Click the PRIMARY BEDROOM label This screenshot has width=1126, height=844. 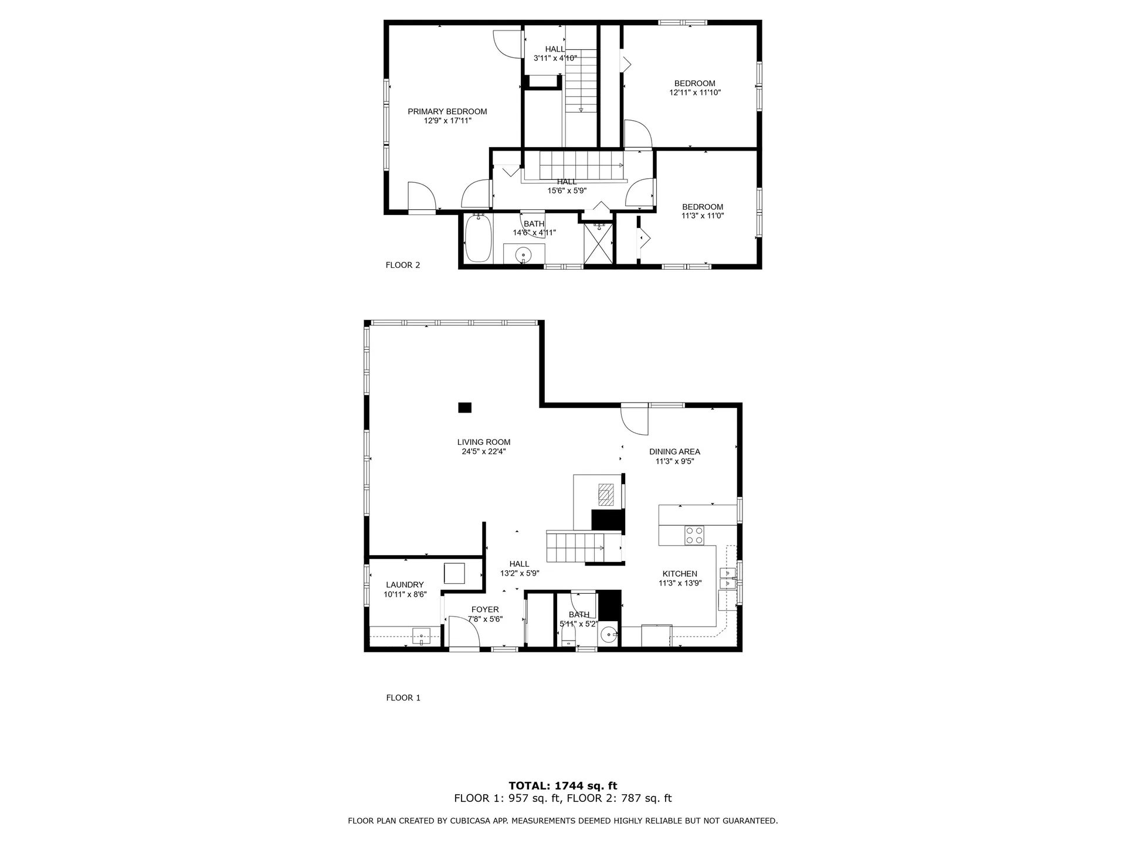click(x=447, y=111)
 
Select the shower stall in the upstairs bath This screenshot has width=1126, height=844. click(x=598, y=244)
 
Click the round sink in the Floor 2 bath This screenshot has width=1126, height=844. click(x=523, y=255)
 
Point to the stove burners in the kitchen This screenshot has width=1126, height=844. click(x=694, y=535)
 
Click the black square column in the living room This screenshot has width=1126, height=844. click(x=464, y=407)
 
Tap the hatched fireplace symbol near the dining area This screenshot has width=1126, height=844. click(x=605, y=494)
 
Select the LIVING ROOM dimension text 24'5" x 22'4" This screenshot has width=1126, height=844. click(x=483, y=452)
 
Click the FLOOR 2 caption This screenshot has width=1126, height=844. click(x=402, y=265)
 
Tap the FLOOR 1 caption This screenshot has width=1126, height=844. click(x=403, y=697)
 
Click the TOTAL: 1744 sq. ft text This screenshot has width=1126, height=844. click(x=562, y=786)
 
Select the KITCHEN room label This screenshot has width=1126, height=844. click(x=680, y=574)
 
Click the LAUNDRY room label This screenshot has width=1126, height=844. click(x=405, y=585)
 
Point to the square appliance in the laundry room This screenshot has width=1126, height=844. click(x=454, y=573)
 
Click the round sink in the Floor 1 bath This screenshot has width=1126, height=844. click(x=610, y=634)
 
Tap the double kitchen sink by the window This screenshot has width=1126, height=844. click(x=727, y=578)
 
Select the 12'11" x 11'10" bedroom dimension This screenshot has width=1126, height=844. click(x=694, y=93)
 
